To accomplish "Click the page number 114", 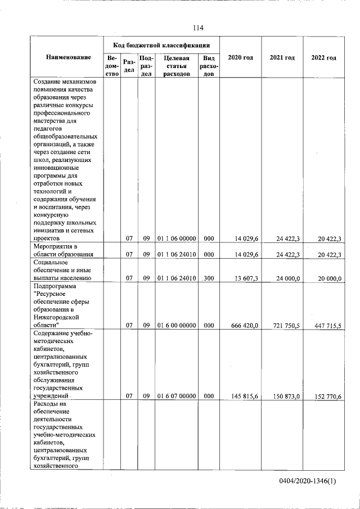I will click(x=197, y=28).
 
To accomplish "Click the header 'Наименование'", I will click(x=69, y=58).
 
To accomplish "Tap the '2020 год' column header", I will click(x=240, y=58).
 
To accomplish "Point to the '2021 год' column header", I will click(x=282, y=58).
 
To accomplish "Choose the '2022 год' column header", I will click(x=324, y=58).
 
